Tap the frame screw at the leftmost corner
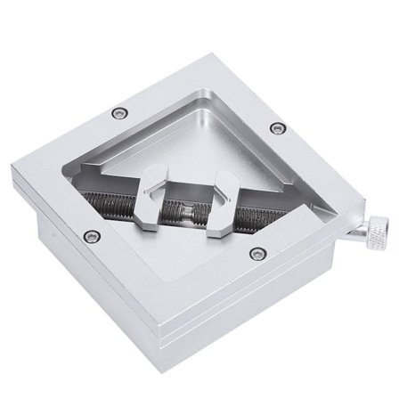pos(89,237)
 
